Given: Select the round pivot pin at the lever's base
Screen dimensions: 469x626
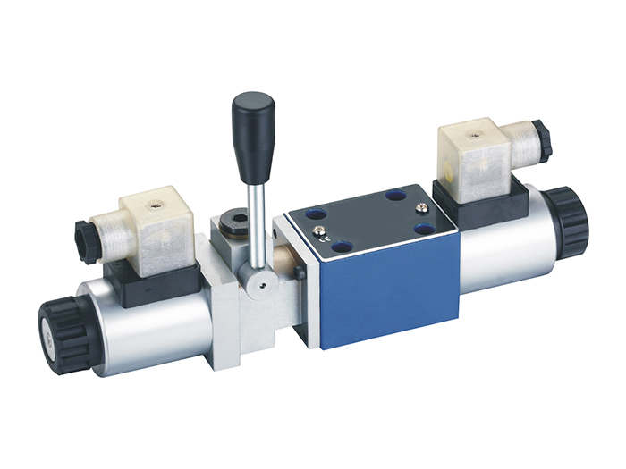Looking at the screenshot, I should (x=258, y=287).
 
